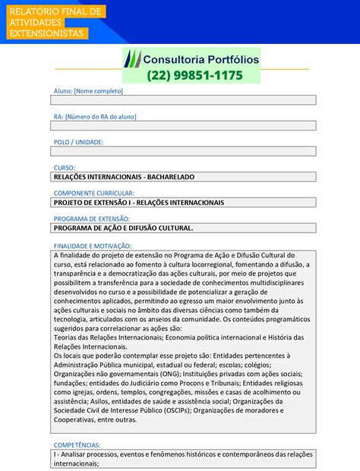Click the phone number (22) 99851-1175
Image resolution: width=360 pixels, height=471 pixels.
click(195, 75)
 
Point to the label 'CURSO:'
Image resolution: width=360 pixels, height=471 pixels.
click(64, 168)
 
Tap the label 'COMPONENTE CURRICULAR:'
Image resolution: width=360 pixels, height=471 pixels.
click(93, 194)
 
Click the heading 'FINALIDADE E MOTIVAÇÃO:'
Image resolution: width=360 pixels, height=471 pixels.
click(92, 246)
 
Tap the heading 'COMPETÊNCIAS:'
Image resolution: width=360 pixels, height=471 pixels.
click(76, 444)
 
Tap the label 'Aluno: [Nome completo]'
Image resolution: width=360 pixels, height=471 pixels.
click(87, 91)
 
